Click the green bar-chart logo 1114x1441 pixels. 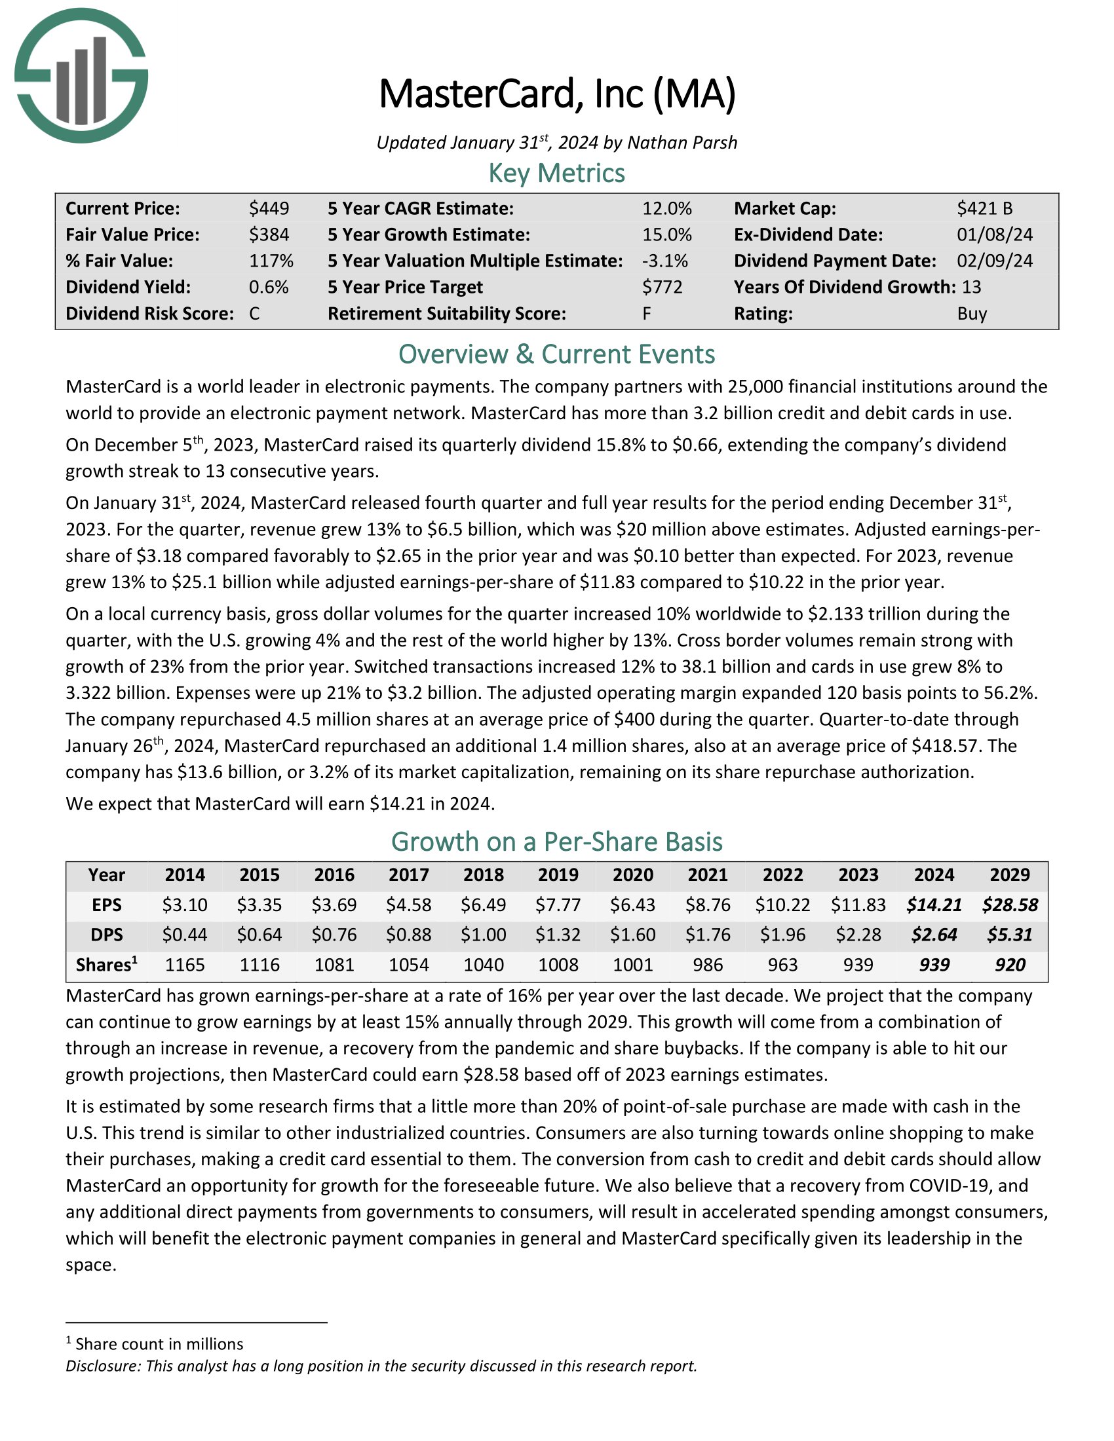(81, 75)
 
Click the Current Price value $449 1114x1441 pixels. (269, 208)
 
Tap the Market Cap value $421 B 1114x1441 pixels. (984, 208)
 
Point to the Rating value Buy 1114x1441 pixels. (971, 313)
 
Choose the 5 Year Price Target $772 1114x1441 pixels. (662, 287)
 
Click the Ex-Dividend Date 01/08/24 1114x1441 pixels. (995, 235)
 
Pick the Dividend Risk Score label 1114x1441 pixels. (149, 313)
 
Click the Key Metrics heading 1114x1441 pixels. (556, 173)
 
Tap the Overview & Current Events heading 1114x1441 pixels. (556, 354)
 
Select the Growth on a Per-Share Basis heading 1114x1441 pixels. (556, 842)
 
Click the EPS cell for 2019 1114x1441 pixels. (558, 905)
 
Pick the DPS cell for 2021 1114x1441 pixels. (708, 935)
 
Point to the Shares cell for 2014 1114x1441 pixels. (185, 965)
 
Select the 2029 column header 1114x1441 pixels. (1010, 875)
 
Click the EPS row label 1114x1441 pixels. (106, 905)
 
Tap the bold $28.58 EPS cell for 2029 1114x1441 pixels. (1010, 905)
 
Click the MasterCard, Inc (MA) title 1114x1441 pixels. (556, 94)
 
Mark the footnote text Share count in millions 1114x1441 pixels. (159, 1344)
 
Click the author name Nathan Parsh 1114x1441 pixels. (682, 143)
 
